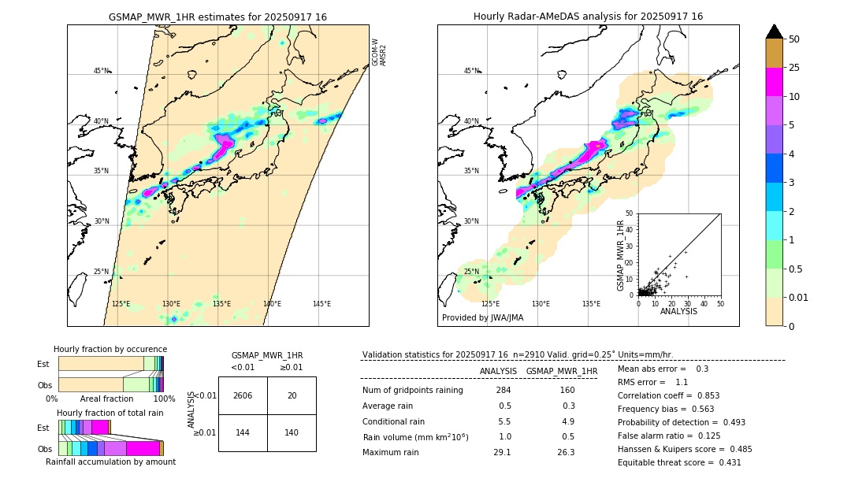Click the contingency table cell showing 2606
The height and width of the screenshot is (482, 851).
pyautogui.click(x=243, y=395)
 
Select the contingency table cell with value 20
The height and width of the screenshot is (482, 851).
pyautogui.click(x=292, y=395)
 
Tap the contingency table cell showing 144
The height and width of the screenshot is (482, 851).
pyautogui.click(x=243, y=432)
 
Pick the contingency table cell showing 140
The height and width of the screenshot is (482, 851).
pyautogui.click(x=292, y=432)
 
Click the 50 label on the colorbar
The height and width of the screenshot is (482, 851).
pyautogui.click(x=794, y=39)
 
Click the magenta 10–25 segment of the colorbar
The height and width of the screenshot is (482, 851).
pyautogui.click(x=775, y=82)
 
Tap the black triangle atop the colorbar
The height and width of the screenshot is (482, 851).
pyautogui.click(x=775, y=32)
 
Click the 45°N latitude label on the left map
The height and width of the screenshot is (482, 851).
pyautogui.click(x=101, y=71)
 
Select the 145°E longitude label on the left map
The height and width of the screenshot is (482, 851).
pyautogui.click(x=321, y=304)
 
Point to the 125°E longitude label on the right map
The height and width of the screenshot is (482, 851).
pyautogui.click(x=490, y=304)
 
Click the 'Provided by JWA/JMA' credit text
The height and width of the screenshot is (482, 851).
pyautogui.click(x=482, y=318)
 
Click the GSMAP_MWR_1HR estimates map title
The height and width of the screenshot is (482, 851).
pyautogui.click(x=217, y=17)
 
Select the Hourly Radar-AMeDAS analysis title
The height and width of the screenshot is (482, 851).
pyautogui.click(x=588, y=17)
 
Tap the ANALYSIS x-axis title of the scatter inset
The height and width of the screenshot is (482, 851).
pyautogui.click(x=678, y=311)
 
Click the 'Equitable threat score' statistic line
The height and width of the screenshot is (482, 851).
pyautogui.click(x=679, y=462)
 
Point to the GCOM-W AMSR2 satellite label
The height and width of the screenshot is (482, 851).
pyautogui.click(x=379, y=52)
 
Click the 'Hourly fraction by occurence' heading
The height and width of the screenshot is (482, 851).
pyautogui.click(x=110, y=349)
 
